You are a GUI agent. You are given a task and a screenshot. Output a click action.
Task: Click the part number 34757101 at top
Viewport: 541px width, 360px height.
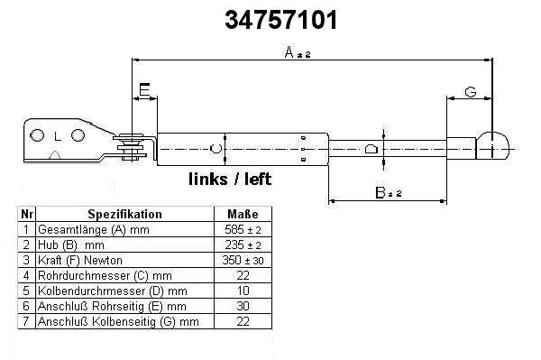coord(280,20)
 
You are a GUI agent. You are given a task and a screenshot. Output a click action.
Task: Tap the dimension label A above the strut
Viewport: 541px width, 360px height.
coord(289,52)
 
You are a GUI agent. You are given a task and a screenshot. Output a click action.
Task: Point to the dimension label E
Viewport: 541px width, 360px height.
coord(144,89)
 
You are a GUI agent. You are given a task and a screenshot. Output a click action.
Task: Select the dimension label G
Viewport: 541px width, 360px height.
coord(471,92)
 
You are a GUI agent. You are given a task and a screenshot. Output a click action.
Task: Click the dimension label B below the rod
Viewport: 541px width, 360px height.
coord(380,192)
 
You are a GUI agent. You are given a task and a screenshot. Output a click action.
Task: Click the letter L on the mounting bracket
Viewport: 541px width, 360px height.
coord(58,137)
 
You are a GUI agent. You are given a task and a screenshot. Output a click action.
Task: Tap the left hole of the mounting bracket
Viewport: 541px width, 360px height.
coord(37,135)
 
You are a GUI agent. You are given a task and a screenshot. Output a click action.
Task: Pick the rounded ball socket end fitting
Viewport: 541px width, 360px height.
coord(492,145)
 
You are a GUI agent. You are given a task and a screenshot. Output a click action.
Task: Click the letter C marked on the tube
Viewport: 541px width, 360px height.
coord(216,148)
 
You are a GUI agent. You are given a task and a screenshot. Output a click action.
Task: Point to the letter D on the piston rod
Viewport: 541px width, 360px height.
coord(371,149)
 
